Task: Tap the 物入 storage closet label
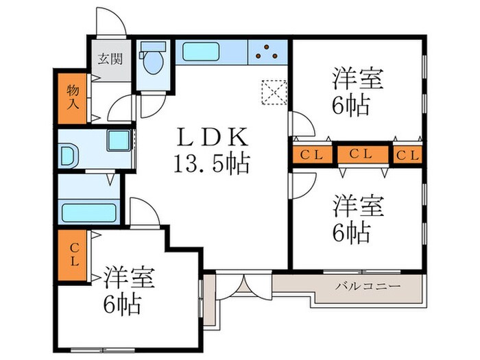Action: tap(72, 97)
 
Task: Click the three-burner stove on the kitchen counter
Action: tap(267, 52)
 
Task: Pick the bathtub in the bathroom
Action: tap(89, 211)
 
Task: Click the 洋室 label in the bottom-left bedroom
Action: tap(130, 278)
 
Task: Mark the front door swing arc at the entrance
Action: tap(111, 21)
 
